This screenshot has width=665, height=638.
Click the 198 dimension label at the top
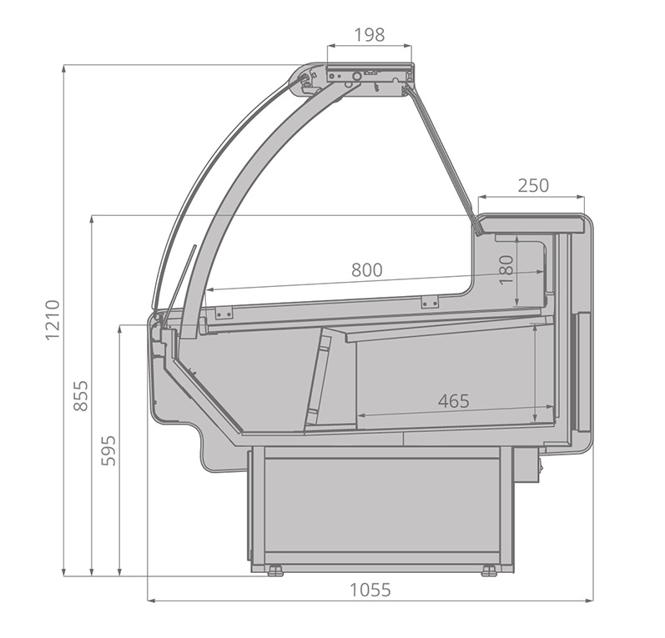tap(370, 35)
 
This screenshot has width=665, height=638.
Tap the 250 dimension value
tap(533, 185)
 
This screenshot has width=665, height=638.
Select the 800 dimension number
tap(367, 269)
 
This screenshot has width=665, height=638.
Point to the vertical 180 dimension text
tap(506, 270)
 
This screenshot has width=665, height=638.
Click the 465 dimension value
tap(454, 400)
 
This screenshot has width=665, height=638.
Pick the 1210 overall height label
tap(53, 319)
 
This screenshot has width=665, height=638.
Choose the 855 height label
tap(81, 395)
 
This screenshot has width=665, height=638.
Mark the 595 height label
tap(108, 450)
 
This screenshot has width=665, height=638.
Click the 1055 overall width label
tap(370, 590)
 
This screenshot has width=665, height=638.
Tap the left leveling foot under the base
tap(275, 570)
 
